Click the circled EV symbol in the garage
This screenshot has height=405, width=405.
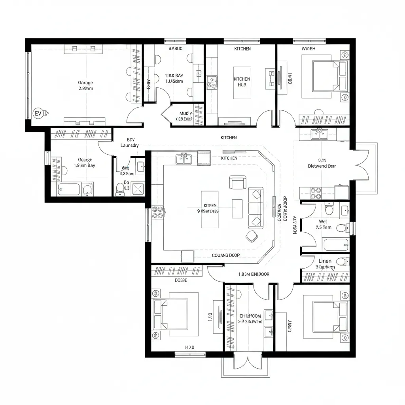(38, 114)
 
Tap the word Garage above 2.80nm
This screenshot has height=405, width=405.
(85, 83)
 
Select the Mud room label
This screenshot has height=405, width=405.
(184, 114)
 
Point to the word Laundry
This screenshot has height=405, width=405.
(129, 145)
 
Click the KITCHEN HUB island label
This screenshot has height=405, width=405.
(242, 82)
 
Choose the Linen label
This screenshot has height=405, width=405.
(325, 261)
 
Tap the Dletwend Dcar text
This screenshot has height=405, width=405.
(322, 166)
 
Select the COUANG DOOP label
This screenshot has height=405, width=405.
(225, 255)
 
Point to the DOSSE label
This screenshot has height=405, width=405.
(181, 280)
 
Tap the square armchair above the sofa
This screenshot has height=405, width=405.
(237, 182)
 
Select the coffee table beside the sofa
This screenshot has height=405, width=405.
(237, 208)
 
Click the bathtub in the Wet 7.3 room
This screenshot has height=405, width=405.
(335, 245)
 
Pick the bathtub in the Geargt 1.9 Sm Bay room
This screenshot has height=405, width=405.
(70, 189)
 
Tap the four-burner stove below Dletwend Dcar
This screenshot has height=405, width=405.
(316, 193)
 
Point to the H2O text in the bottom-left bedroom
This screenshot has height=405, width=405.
(190, 347)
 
